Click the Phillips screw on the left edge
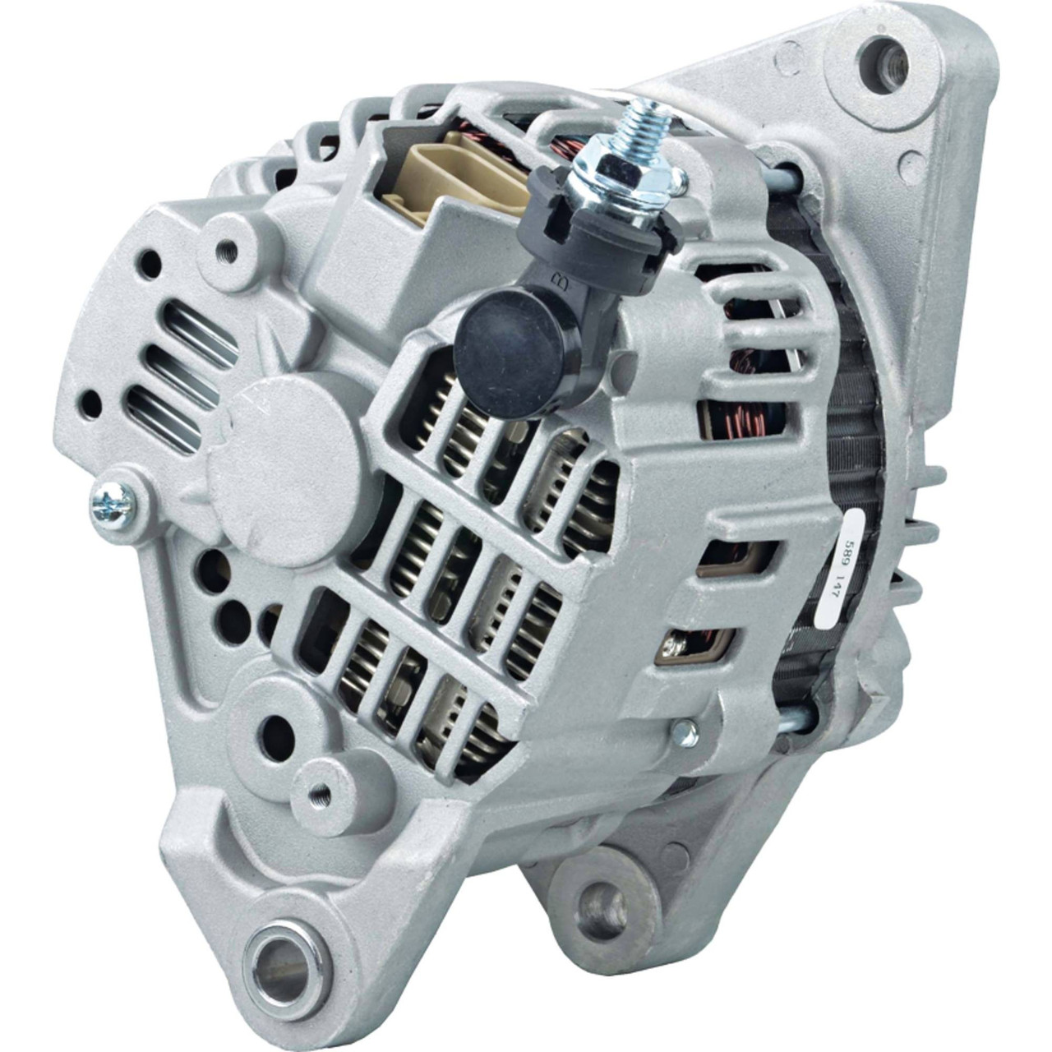[112, 502]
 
